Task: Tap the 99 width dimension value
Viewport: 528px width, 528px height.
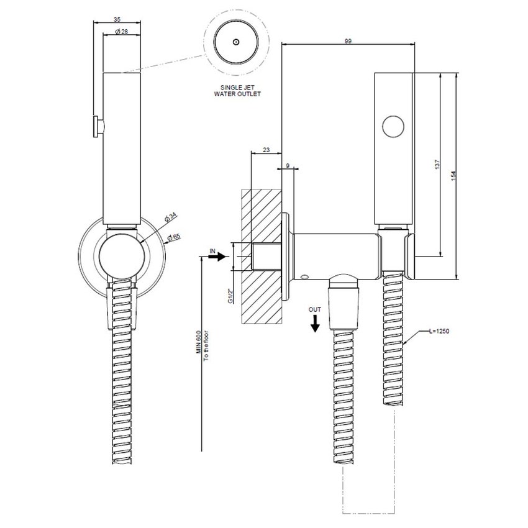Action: (x=348, y=40)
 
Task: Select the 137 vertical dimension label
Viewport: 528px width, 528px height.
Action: (x=437, y=165)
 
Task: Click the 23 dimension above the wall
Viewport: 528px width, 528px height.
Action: (x=266, y=150)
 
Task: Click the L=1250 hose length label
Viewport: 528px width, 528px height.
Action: (x=439, y=332)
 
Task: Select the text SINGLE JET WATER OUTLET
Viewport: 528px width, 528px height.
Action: (x=237, y=91)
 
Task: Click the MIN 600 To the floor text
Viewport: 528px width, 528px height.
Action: (x=202, y=351)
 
